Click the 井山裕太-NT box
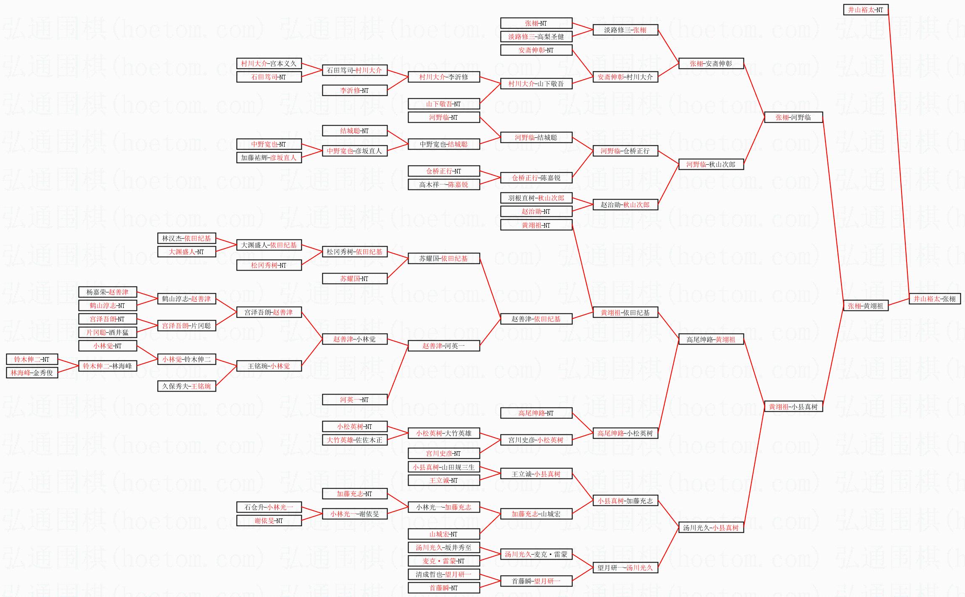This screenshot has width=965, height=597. coord(865,10)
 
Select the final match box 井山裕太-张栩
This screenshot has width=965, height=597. coord(934,299)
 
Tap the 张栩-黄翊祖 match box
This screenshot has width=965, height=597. coord(865,306)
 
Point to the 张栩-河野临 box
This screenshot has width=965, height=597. coord(793,117)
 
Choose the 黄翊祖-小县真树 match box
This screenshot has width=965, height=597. coord(793,407)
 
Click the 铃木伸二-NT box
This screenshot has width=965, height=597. coord(32,359)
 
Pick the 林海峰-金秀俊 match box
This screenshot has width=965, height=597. coord(32,373)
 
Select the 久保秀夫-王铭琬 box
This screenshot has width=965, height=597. coord(187,386)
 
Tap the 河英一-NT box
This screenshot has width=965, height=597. coord(354,400)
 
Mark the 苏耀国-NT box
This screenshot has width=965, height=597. coord(354,279)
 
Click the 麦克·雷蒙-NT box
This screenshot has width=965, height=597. coord(443,561)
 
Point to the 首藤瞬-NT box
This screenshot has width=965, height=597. coord(443,588)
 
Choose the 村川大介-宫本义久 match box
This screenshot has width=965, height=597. coord(269,63)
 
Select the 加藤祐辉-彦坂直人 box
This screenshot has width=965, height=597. coord(269,158)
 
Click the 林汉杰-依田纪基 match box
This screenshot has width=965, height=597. coord(187,238)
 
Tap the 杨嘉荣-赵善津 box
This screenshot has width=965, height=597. coord(107,292)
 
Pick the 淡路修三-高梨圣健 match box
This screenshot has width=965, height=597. coord(536,37)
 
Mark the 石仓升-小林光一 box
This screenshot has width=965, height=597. coord(269,507)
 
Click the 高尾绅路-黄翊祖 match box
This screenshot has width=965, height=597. coord(711,339)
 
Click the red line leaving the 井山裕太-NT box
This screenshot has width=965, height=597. coord(898,151)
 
